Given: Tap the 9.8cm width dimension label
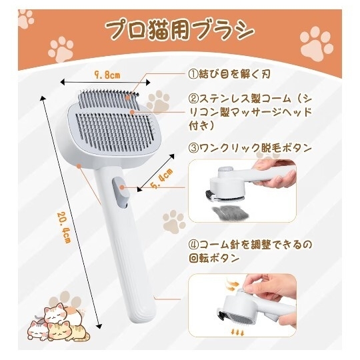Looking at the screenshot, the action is point(107,75).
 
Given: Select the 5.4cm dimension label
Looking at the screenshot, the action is point(162,179).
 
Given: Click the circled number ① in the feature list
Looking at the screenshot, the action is point(193,74).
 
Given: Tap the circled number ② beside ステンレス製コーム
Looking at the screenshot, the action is point(193,99).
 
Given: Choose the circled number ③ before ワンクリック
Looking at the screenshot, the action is point(193,149).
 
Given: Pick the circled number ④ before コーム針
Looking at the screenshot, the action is point(193,245).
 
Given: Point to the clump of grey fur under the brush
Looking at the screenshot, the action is point(229,213).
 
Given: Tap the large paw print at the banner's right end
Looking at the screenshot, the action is point(317,44).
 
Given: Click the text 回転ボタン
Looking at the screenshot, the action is point(215,259).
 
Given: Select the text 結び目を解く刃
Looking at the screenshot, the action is point(235,74).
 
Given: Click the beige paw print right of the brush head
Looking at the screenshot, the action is point(159,101).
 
